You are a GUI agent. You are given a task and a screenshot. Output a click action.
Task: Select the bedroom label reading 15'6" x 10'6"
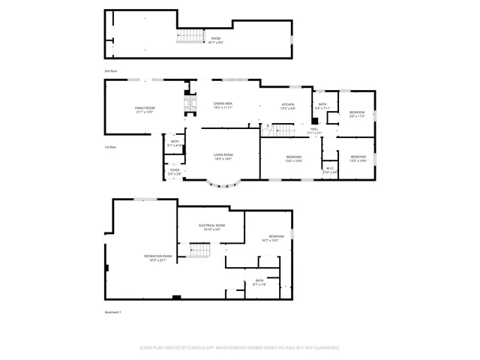point(292,159)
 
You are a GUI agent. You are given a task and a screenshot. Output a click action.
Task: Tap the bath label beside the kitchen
point(322,106)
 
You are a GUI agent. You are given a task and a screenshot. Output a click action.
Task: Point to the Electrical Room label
point(211,227)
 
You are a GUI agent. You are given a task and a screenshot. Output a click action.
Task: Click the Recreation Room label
point(158,258)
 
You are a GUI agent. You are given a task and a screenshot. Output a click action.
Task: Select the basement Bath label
point(259,282)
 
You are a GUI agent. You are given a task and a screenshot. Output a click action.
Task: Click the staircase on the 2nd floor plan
point(190,35)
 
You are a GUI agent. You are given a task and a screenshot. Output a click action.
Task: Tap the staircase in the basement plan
point(197,250)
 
